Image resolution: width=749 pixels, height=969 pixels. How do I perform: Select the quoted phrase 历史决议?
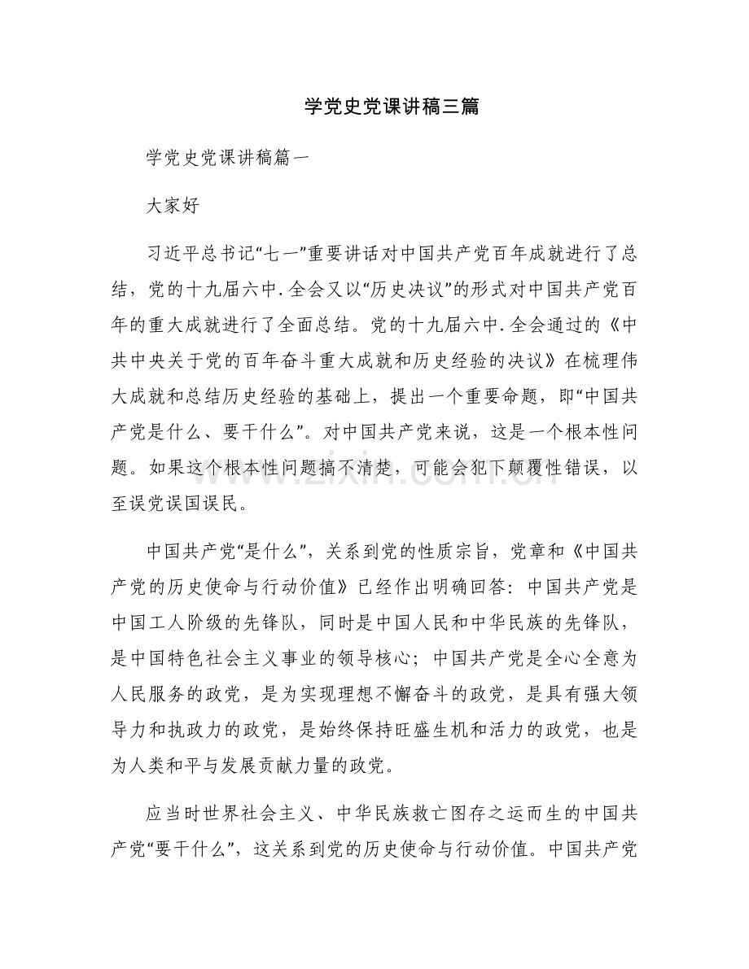coord(401,286)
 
